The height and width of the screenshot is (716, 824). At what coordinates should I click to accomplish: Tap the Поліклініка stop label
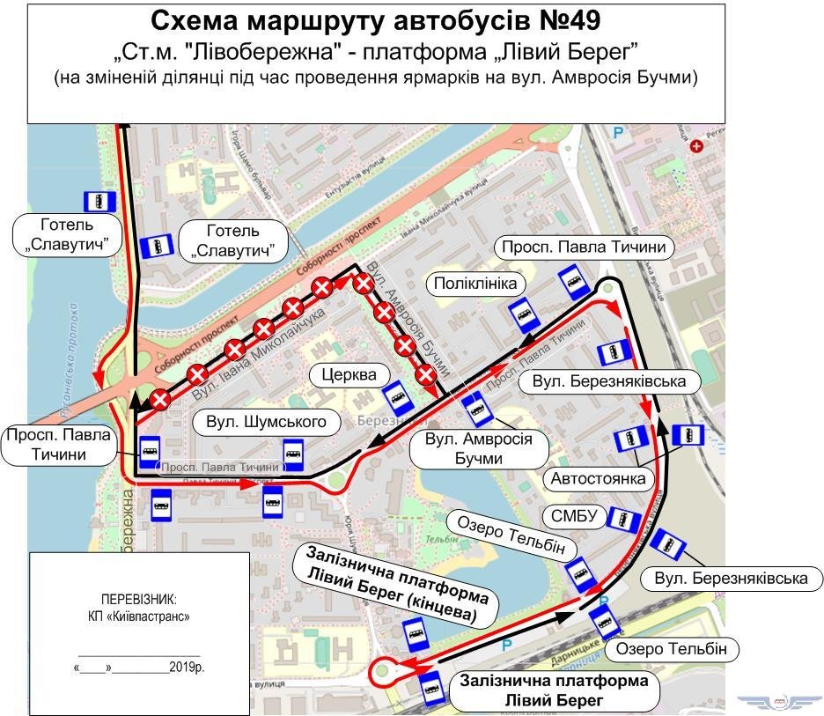(476, 284)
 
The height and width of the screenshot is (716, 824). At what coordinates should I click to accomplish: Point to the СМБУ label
(575, 515)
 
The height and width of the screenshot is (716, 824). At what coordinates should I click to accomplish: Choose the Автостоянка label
(600, 479)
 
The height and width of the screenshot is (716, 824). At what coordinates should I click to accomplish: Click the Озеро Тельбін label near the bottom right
(672, 650)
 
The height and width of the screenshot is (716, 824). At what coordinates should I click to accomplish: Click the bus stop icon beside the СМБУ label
(624, 520)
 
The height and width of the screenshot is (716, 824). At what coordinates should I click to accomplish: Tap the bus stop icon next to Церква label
(399, 397)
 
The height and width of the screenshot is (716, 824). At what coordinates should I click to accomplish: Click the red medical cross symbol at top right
(697, 146)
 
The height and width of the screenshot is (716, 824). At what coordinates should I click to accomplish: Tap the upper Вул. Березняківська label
(608, 381)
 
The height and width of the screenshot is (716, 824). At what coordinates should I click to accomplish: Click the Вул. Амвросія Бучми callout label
(478, 448)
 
